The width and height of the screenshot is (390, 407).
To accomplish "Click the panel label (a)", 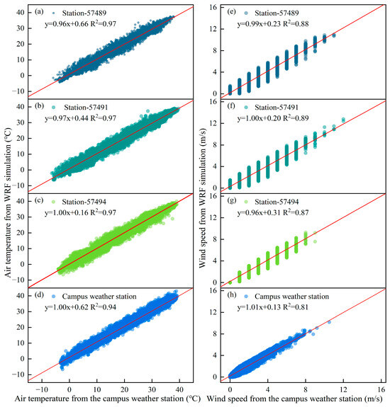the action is coord(39,12).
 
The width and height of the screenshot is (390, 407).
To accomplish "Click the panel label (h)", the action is coord(232,295).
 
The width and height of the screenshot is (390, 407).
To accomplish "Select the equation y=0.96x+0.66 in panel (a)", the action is coord(67,24).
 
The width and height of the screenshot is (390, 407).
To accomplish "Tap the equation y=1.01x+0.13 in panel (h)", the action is coord(259,307).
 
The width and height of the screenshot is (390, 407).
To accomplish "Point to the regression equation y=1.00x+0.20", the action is coord(259,118).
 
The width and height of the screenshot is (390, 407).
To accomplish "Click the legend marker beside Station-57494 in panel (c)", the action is coord(54,202).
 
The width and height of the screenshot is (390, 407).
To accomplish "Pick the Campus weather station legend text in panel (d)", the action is coord(99,297).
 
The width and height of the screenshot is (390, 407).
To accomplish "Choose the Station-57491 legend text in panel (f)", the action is coord(277,108).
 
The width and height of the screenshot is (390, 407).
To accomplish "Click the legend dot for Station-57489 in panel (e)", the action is coord(246,13).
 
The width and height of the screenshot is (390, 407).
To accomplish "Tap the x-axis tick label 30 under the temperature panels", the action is coord(152,389).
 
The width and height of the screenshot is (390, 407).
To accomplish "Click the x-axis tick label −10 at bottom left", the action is coord(42,389).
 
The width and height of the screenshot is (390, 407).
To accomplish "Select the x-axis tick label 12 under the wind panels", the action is coord(343,389).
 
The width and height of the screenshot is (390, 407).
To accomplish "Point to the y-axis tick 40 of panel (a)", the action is coord(21,12).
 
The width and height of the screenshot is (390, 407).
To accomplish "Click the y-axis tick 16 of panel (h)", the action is coord(213,290).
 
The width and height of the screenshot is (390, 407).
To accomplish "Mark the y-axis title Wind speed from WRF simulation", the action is coord(202,197).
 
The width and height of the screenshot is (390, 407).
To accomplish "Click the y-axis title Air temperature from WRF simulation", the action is coord(8,202).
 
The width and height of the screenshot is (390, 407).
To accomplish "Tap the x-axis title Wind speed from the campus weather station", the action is coord(294,399).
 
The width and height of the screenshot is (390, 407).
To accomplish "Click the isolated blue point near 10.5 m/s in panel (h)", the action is coord(329,322).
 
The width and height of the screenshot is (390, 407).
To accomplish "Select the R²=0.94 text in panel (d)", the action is coord(104,306).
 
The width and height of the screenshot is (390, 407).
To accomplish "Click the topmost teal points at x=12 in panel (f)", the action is coord(343,120).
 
